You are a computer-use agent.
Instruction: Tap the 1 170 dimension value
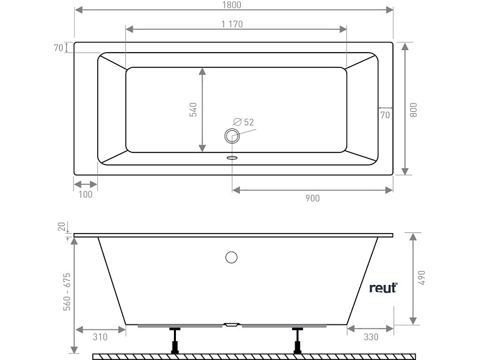tap(232, 25)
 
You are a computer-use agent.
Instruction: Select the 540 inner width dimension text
tap(194, 109)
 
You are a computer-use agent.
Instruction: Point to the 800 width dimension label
tap(413, 109)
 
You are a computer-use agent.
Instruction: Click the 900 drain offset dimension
tap(312, 198)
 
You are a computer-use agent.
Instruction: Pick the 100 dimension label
tap(85, 194)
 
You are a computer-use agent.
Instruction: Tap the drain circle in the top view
tap(231, 135)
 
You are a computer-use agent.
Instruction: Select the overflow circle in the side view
tap(232, 257)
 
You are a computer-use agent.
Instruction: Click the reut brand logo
tap(383, 288)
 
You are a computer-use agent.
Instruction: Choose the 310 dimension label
tap(100, 337)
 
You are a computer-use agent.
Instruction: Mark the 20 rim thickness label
tap(62, 228)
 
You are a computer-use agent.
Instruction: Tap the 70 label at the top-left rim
tap(57, 48)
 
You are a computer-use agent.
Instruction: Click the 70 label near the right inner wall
tap(385, 116)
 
